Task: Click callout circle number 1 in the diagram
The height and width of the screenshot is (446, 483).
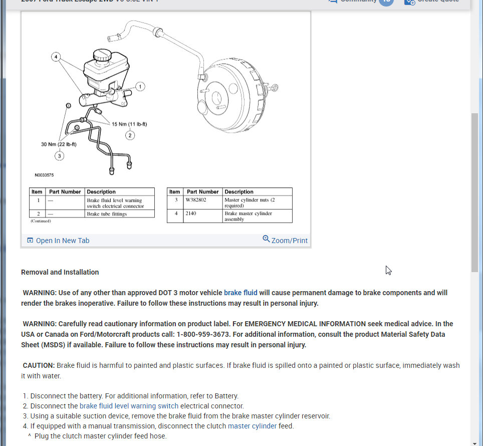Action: click(140, 87)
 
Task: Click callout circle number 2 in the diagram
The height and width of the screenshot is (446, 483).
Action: click(130, 135)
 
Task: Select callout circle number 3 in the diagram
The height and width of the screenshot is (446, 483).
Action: click(59, 156)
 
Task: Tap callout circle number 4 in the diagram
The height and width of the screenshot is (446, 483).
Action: click(56, 57)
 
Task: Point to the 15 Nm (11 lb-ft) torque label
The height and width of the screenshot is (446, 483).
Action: click(129, 124)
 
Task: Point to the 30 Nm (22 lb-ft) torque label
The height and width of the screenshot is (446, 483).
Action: click(59, 144)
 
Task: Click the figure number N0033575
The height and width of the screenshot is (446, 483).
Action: click(44, 175)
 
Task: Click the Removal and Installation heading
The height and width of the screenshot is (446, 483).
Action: click(60, 272)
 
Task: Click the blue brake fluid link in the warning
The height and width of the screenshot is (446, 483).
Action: click(240, 293)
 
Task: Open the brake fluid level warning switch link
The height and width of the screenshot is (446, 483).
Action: click(129, 406)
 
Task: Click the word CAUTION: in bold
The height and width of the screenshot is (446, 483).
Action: click(39, 365)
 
